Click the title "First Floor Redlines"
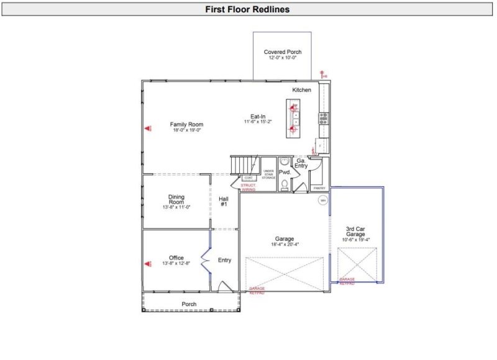click(248, 9)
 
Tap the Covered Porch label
click(282, 52)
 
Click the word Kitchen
click(302, 90)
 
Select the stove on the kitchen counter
click(323, 118)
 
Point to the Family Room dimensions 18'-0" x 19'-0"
click(186, 130)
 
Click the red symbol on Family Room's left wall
click(148, 128)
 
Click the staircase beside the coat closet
click(244, 165)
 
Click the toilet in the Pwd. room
click(283, 184)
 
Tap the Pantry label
click(319, 187)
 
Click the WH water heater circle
click(323, 200)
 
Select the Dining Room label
click(176, 200)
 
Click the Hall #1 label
click(224, 201)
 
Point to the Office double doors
click(205, 259)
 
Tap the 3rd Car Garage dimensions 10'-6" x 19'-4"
click(356, 240)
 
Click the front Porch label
click(189, 304)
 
